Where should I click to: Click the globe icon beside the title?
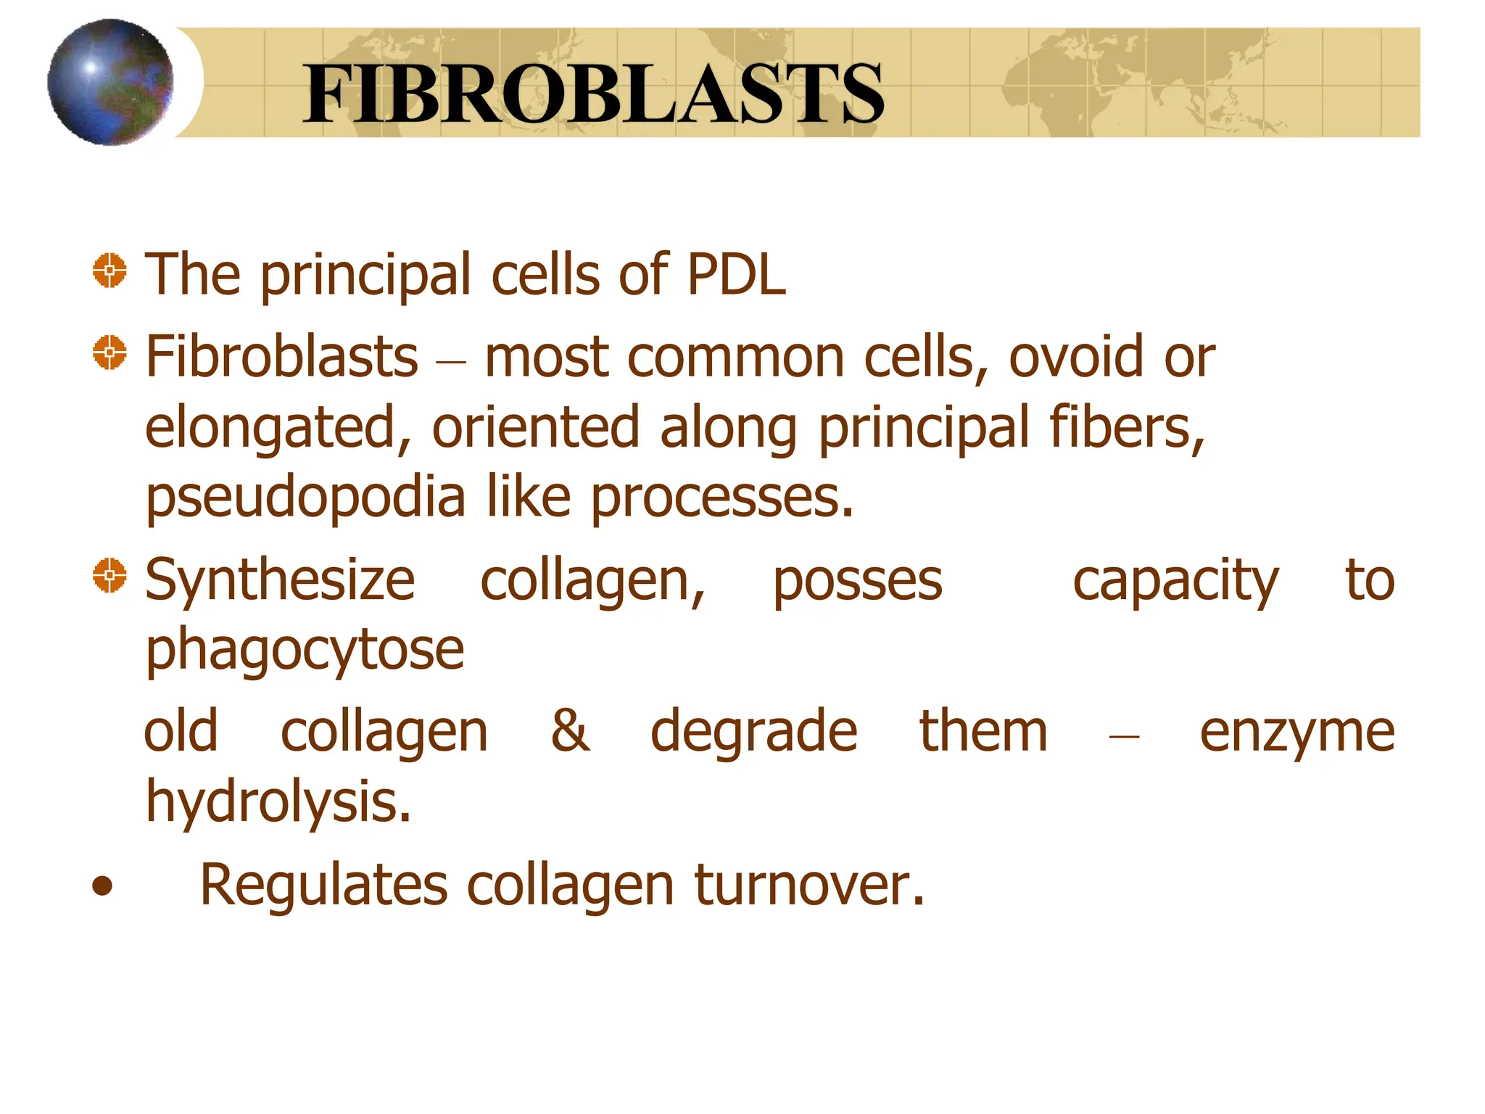click(110, 82)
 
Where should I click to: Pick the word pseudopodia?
click(305, 500)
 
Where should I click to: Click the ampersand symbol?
click(570, 730)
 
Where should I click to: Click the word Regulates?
click(323, 886)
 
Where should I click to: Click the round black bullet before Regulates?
click(103, 886)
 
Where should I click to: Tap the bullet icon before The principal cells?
click(109, 271)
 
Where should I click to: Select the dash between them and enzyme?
click(1124, 736)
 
